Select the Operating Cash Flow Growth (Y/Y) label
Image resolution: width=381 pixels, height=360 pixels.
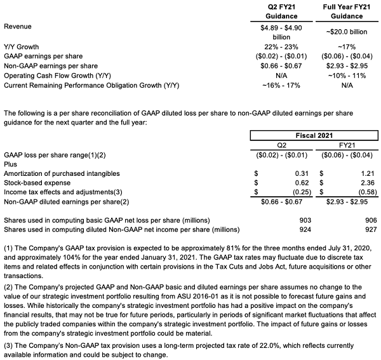59,75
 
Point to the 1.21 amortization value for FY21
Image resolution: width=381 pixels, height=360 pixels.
366,173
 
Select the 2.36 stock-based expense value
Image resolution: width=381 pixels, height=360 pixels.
366,183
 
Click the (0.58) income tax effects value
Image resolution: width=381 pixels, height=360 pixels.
364,192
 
